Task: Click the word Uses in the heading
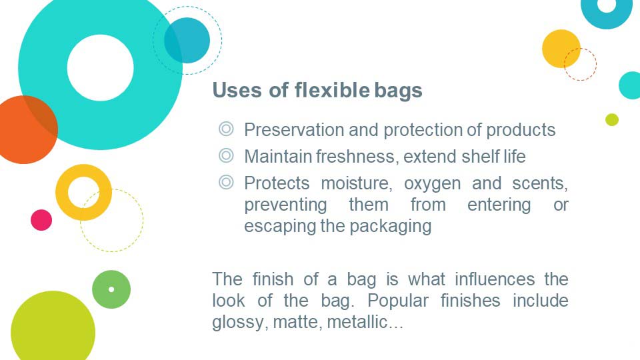click(x=237, y=90)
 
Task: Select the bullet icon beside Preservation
click(x=226, y=129)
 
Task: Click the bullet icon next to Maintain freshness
click(x=226, y=155)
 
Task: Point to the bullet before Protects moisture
click(x=226, y=182)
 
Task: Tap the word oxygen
click(x=432, y=184)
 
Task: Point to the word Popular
click(x=398, y=301)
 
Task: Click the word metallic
click(x=365, y=321)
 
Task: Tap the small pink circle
click(x=41, y=220)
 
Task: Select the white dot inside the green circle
click(x=111, y=289)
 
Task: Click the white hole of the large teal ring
click(x=101, y=68)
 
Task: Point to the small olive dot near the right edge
click(x=612, y=119)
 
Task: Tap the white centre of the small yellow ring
click(x=84, y=192)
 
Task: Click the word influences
click(x=495, y=279)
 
